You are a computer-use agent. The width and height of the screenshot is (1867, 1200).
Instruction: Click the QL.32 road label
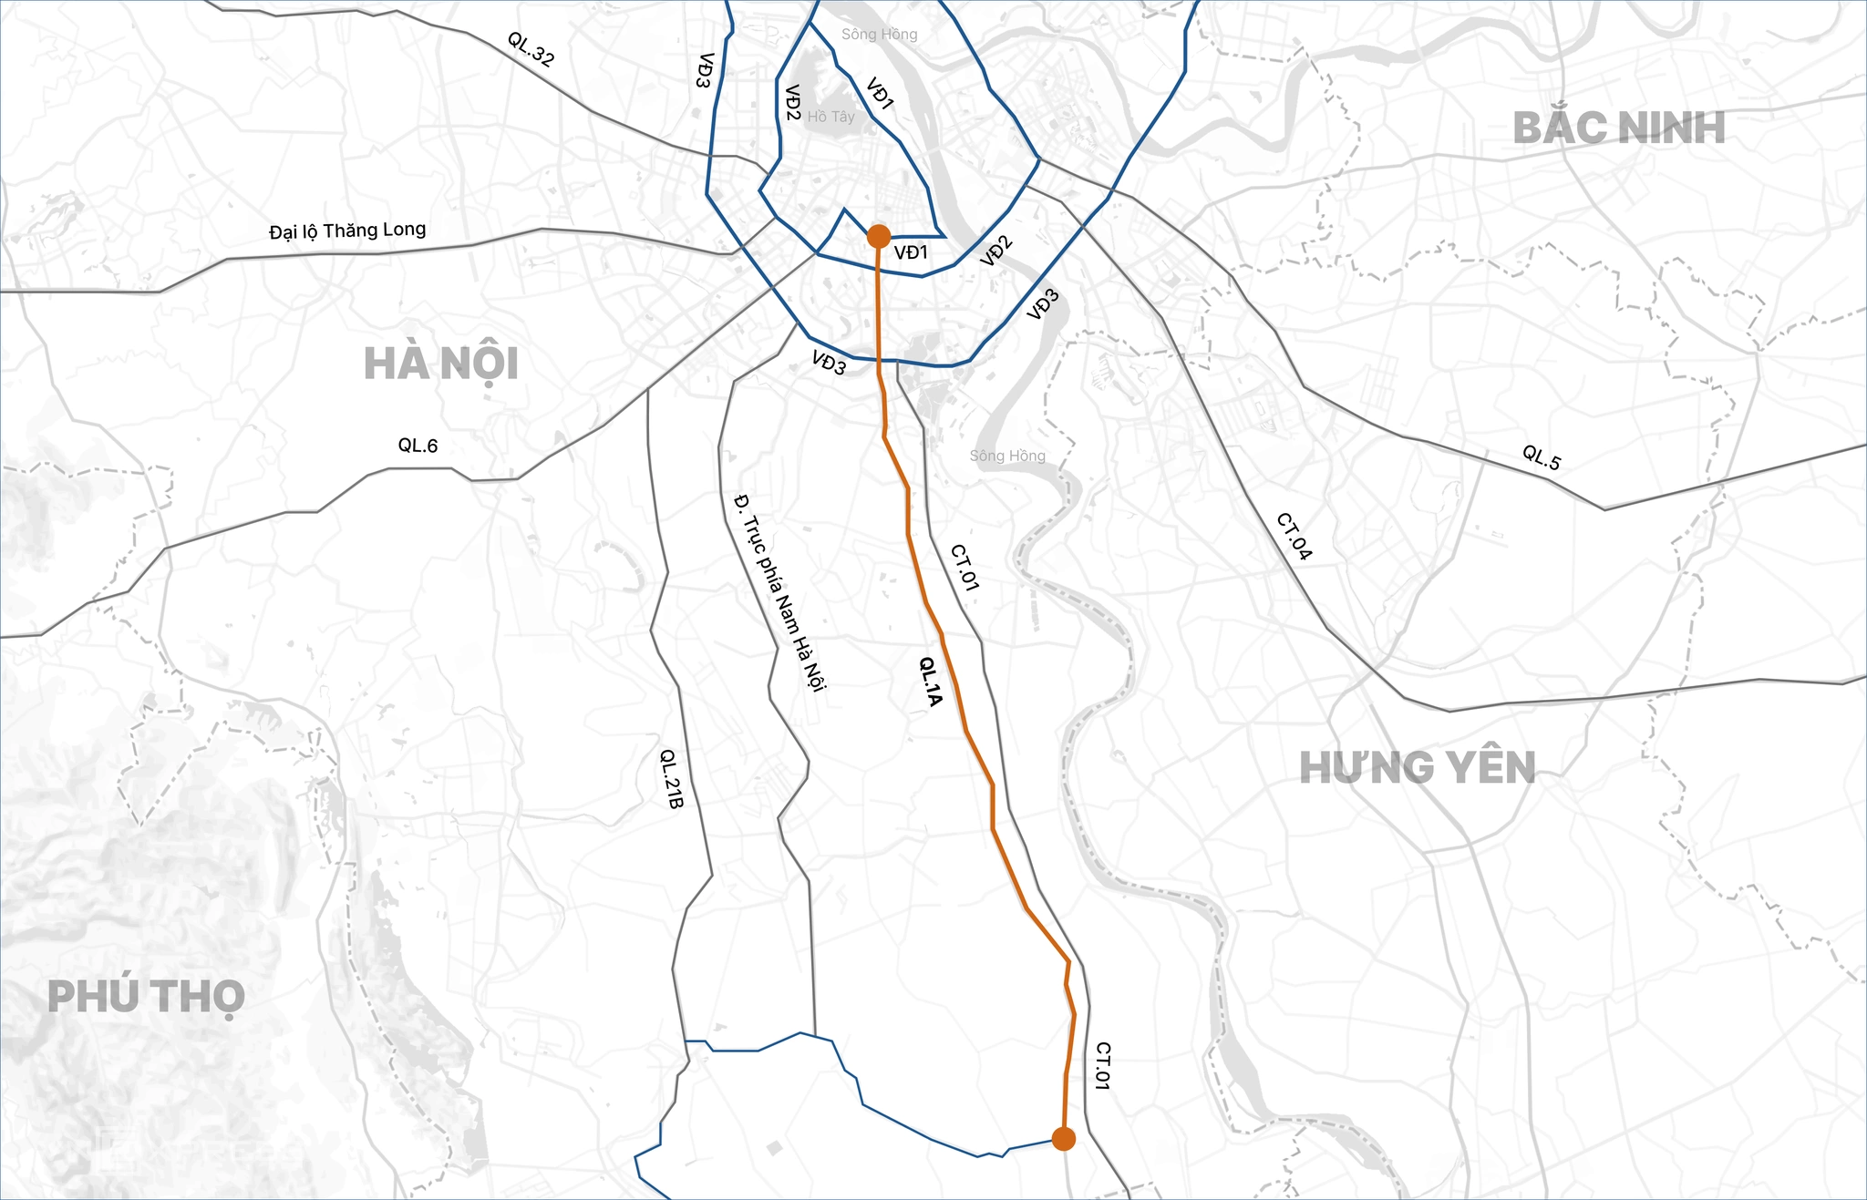coord(531,49)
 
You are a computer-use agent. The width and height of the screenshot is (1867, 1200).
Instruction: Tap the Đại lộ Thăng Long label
coord(347,231)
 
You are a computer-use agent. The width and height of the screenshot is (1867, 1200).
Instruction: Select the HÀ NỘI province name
coord(441,364)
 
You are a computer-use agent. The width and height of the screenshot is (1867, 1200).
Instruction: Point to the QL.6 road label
coord(418,446)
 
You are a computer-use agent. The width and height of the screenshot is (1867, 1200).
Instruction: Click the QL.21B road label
coord(671,779)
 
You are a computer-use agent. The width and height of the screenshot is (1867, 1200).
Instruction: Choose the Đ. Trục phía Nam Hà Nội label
coord(779,591)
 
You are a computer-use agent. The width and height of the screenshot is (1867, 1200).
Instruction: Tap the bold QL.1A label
coord(929,682)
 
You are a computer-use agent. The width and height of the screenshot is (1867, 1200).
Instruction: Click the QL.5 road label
coord(1542,457)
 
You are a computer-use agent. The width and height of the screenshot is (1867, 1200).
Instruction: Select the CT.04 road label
coord(1294,536)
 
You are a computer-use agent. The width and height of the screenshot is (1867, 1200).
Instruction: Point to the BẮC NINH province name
coord(1619,128)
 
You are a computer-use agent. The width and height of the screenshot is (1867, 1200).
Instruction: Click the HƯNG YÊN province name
coord(1418,768)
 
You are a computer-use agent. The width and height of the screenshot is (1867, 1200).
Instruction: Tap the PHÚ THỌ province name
coord(146,997)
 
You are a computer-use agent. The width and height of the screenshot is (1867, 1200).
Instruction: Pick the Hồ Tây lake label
coord(830,117)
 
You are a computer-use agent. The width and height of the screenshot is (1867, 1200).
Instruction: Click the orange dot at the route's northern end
coord(878,237)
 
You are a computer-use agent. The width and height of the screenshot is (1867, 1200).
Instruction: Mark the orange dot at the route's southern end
coord(1063,1139)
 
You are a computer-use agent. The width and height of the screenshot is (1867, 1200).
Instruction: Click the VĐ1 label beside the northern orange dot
coord(911,252)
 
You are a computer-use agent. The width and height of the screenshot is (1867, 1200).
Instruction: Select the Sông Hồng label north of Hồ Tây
coord(879,35)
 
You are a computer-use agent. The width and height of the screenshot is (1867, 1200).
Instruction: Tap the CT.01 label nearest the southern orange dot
coord(1102,1066)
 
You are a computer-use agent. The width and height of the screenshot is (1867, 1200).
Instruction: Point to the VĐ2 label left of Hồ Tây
coord(792,103)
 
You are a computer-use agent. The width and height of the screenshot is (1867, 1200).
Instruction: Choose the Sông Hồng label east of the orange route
coord(1007,456)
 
